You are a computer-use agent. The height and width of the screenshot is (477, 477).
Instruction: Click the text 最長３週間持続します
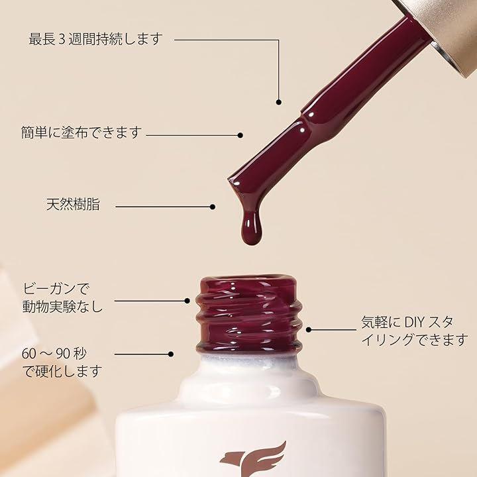pos(95,40)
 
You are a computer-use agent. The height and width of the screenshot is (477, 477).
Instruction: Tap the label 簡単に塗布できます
pos(81,132)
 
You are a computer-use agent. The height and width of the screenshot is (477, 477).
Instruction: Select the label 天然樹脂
pos(73,205)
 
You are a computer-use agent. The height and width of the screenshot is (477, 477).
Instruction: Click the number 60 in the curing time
pos(30,354)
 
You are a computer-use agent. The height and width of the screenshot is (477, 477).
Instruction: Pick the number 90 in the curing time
pos(64,354)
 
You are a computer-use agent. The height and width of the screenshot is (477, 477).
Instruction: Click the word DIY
pos(414,323)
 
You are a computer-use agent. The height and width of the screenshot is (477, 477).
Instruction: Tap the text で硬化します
pos(62,371)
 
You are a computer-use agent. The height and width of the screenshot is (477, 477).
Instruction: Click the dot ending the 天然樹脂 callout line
pos(213,207)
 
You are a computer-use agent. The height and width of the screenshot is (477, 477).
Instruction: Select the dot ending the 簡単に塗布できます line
pos(240,135)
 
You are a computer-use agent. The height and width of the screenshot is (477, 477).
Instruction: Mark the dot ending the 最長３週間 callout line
pos(279,103)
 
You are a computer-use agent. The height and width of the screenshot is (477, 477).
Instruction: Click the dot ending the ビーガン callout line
pos(187,301)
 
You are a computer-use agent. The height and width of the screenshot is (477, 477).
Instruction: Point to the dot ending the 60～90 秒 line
pos(171,354)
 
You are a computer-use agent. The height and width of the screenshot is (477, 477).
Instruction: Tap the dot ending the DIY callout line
pos(309,329)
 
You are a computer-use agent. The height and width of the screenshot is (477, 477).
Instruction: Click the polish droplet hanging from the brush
pos(251,227)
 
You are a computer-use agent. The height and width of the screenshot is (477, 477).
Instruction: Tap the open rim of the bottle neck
pos(248,282)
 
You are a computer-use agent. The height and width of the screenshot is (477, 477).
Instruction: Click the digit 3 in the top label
pos(62,40)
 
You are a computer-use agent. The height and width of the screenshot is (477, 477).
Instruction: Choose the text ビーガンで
pos(56,289)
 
